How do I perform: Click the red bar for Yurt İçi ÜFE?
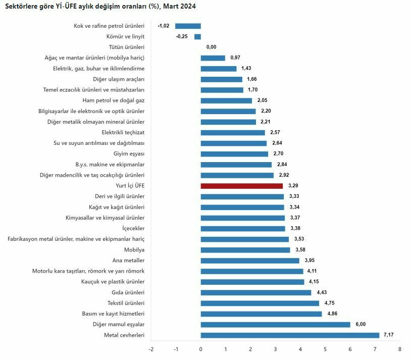click(241, 186)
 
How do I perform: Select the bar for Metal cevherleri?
click(290, 335)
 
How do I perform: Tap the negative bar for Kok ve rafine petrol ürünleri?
click(188, 26)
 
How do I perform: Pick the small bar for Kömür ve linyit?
click(197, 36)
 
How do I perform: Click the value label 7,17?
click(390, 335)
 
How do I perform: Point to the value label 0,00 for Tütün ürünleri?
click(211, 47)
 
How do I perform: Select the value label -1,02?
click(164, 26)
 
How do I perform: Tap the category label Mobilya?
click(134, 250)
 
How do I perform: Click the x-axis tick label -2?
click(151, 349)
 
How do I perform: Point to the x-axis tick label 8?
click(399, 349)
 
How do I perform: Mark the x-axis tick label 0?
click(200, 349)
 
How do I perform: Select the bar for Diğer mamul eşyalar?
click(275, 325)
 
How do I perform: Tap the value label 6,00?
click(360, 325)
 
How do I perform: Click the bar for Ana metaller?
click(250, 261)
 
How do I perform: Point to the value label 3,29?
click(293, 186)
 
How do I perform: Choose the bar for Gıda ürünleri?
click(256, 292)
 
